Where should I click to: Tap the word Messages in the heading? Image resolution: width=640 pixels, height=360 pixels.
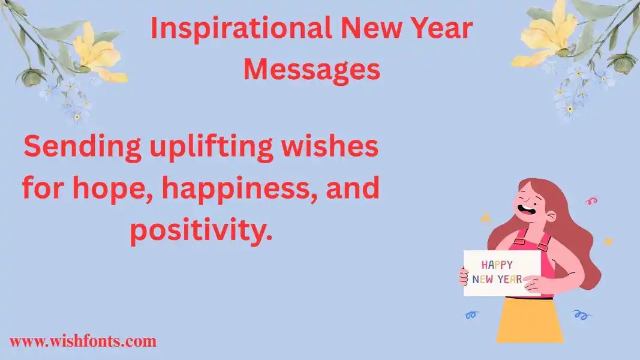pyautogui.click(x=312, y=70)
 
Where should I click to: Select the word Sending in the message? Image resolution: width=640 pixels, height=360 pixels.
pyautogui.click(x=82, y=148)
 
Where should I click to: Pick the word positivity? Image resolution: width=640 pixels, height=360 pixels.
pyautogui.click(x=201, y=231)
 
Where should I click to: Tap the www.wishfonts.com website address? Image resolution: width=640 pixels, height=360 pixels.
pyautogui.click(x=83, y=341)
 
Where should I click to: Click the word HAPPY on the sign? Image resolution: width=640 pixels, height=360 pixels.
pyautogui.click(x=497, y=265)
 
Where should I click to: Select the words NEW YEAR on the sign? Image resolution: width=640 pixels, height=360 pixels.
pyautogui.click(x=497, y=279)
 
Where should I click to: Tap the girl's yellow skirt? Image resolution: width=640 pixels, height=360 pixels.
pyautogui.click(x=530, y=320)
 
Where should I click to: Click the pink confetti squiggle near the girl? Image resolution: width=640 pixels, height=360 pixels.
pyautogui.click(x=591, y=200)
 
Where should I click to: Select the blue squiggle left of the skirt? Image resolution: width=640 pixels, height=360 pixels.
pyautogui.click(x=472, y=315)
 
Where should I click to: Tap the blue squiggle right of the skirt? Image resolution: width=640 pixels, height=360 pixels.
pyautogui.click(x=582, y=314)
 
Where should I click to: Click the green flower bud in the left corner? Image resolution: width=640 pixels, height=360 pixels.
pyautogui.click(x=31, y=77)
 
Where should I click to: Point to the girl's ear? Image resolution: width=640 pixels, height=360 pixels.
pyautogui.click(x=551, y=217)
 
